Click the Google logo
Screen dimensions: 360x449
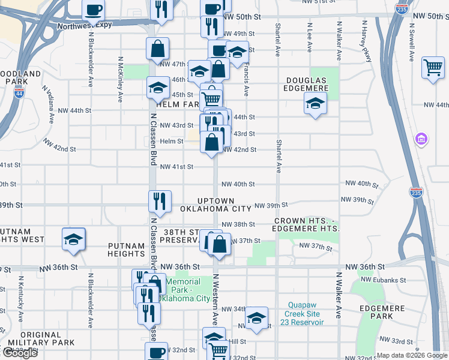[x=20, y=353]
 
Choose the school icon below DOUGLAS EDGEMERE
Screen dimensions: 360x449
[x=315, y=104]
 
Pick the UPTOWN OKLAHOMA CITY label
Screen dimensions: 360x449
[x=215, y=205]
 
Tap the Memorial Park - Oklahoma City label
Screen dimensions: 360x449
[x=187, y=290]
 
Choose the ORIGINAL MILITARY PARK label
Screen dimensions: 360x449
[x=40, y=338]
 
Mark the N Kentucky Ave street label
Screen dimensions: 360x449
[x=22, y=292]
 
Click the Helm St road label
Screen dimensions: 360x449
[x=171, y=141]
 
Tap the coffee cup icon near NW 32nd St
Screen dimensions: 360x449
[x=157, y=352]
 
